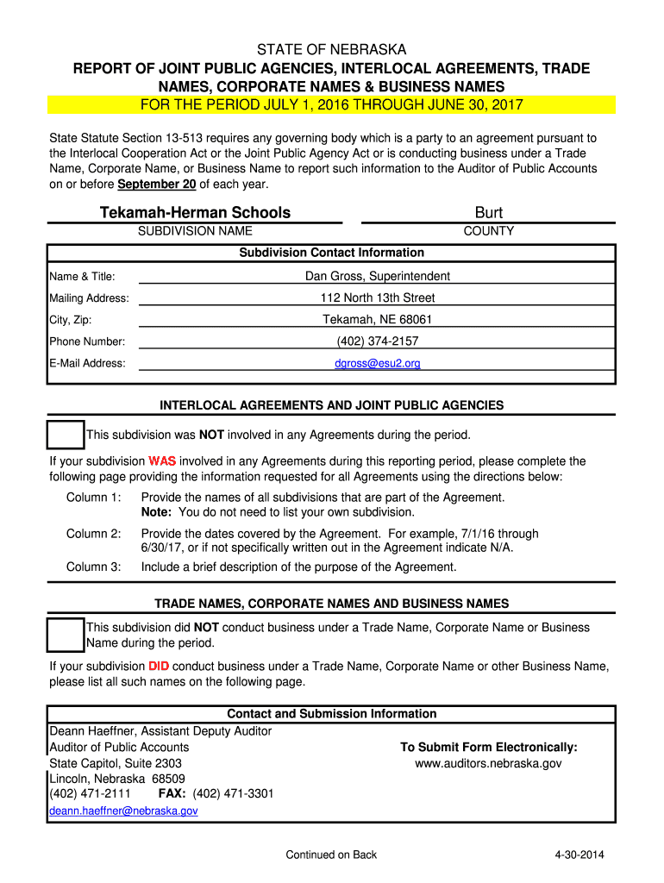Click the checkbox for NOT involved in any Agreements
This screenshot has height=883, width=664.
click(66, 435)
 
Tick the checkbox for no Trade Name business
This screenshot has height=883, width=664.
click(66, 635)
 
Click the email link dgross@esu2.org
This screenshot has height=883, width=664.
click(378, 364)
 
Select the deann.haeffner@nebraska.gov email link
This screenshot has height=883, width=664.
click(123, 811)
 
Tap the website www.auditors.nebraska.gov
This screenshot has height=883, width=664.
click(489, 764)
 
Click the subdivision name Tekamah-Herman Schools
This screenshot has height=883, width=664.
click(195, 213)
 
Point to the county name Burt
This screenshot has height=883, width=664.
click(489, 213)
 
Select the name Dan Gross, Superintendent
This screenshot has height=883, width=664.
click(378, 277)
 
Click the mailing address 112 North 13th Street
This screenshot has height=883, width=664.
click(378, 298)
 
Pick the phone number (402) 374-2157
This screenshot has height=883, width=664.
click(378, 341)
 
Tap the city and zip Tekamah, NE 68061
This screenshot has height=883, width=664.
click(378, 320)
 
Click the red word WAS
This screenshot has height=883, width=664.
click(162, 461)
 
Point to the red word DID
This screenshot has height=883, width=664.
click(159, 667)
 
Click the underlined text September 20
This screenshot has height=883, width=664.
click(157, 185)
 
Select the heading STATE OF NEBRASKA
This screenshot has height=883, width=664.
click(331, 50)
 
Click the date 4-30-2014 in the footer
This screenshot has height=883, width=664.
click(579, 855)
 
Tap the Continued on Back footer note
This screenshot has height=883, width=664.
click(331, 855)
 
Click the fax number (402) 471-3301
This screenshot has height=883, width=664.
click(234, 794)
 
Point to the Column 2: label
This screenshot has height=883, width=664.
click(94, 534)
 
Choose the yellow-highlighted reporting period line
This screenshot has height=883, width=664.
click(331, 105)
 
